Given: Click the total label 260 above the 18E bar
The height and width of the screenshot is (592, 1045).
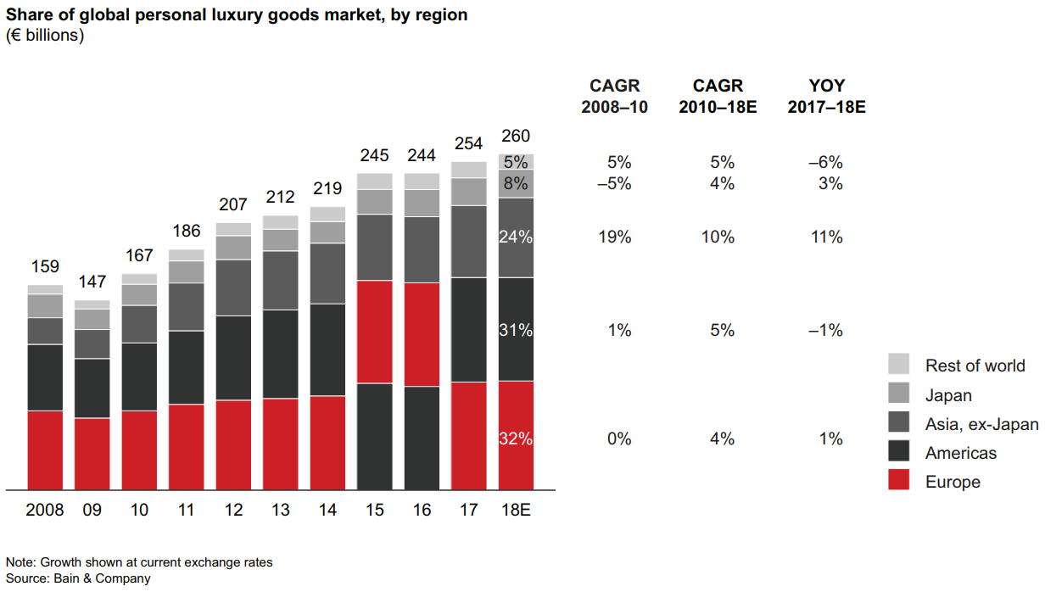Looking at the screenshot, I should pyautogui.click(x=516, y=136).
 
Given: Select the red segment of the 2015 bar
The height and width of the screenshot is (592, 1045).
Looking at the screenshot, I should pyautogui.click(x=375, y=332).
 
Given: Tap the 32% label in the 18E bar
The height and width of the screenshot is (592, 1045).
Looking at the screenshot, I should pyautogui.click(x=516, y=439).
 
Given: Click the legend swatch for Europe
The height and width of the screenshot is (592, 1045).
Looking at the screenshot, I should pyautogui.click(x=899, y=482).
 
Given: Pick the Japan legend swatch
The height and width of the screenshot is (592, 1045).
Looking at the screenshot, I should pyautogui.click(x=899, y=394).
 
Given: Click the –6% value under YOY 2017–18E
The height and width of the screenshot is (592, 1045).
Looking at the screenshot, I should pyautogui.click(x=826, y=163).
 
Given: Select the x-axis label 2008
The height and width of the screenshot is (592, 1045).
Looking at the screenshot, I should pyautogui.click(x=45, y=511).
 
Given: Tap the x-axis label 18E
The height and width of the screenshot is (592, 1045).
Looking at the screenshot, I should pyautogui.click(x=516, y=511).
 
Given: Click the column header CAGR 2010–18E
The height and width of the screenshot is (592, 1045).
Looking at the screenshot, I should pyautogui.click(x=718, y=97).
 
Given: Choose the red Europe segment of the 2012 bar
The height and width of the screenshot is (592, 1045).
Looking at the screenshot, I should pyautogui.click(x=233, y=444).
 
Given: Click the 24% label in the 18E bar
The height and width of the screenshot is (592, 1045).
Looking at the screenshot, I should pyautogui.click(x=516, y=237).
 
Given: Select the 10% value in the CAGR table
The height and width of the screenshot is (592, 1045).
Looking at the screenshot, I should pyautogui.click(x=718, y=237).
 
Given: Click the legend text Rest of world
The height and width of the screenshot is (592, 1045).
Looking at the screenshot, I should pyautogui.click(x=975, y=366).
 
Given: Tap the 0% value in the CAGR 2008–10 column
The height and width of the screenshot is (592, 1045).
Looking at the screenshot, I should pyautogui.click(x=619, y=439).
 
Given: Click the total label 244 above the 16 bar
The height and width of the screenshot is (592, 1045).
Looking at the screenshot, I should pyautogui.click(x=422, y=155).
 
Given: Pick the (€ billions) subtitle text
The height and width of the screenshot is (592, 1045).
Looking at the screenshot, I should pyautogui.click(x=45, y=36).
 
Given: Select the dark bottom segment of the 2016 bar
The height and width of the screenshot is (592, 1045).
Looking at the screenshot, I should pyautogui.click(x=422, y=438).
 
